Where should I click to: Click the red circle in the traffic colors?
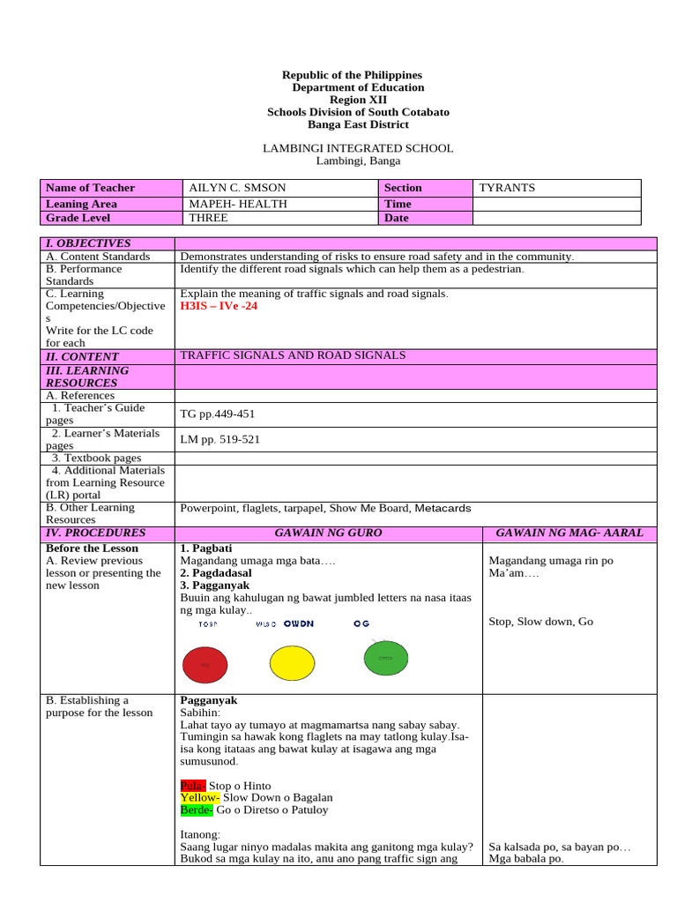click(205, 664)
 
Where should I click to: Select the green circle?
click(385, 658)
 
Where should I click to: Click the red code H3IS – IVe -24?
click(219, 306)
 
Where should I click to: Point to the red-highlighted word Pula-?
click(193, 786)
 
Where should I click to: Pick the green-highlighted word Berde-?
click(197, 810)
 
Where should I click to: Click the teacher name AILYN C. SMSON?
click(237, 188)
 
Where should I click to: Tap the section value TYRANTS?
click(507, 188)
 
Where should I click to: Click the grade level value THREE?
click(208, 218)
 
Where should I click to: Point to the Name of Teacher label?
click(90, 188)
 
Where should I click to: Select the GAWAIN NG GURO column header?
click(328, 533)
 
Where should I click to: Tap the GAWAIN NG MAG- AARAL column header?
click(569, 533)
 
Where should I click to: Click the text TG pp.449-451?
click(218, 414)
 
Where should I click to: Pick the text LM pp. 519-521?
click(219, 439)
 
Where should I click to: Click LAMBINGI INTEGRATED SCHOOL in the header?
click(358, 148)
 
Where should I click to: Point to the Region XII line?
click(358, 100)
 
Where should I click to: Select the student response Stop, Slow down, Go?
click(540, 622)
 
